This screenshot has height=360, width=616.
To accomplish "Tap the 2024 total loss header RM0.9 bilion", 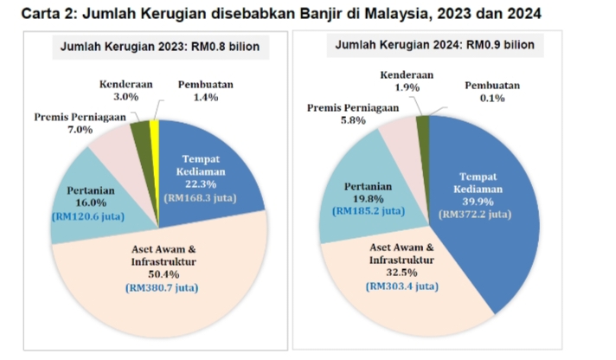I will tap(433, 44).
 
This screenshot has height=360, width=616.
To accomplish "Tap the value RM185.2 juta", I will tap(369, 210).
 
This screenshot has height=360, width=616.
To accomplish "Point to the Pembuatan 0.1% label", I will tap(491, 93).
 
